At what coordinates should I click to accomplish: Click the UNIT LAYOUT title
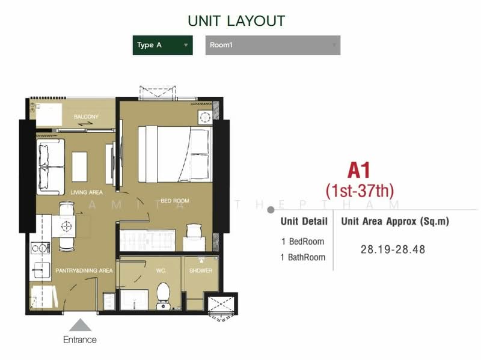pyautogui.click(x=236, y=20)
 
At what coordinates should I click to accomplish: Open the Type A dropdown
pyautogui.click(x=162, y=45)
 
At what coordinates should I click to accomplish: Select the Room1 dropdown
pyautogui.click(x=272, y=45)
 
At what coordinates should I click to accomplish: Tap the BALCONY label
pyautogui.click(x=86, y=117)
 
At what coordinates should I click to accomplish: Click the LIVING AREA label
pyautogui.click(x=87, y=192)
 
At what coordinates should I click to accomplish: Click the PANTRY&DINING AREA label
pyautogui.click(x=85, y=271)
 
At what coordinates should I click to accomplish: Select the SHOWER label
pyautogui.click(x=201, y=271)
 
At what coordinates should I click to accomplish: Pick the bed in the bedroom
pyautogui.click(x=174, y=153)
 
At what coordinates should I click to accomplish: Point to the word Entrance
pyautogui.click(x=80, y=340)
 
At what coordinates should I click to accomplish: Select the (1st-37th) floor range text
pyautogui.click(x=360, y=191)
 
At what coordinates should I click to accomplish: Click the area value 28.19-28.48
pyautogui.click(x=393, y=249)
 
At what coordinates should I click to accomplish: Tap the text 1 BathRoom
pyautogui.click(x=303, y=257)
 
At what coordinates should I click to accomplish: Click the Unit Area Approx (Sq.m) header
pyautogui.click(x=395, y=221)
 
